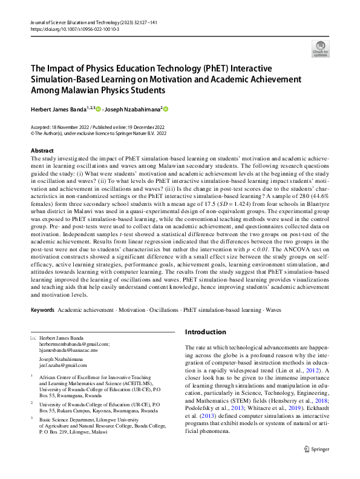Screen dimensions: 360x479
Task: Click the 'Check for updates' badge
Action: tap(320, 48)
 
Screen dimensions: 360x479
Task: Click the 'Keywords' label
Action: tap(42, 309)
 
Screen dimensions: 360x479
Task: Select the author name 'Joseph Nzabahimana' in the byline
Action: tap(133, 110)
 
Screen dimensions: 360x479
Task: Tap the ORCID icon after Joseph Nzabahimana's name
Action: tap(165, 110)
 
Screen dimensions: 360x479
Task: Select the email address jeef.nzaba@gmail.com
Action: tap(63, 365)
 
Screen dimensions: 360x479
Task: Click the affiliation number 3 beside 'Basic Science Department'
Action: tap(31, 417)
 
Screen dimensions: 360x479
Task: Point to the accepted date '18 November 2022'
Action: tap(71, 127)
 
